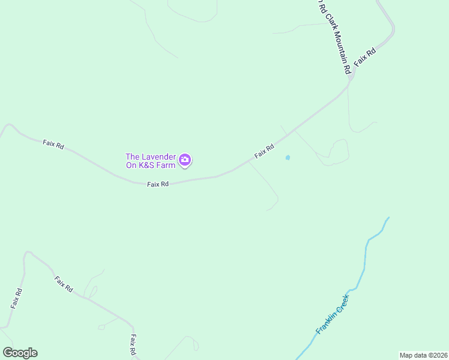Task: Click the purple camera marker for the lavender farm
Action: (x=185, y=160)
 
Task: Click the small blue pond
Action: (x=288, y=158)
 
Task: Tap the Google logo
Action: (x=20, y=353)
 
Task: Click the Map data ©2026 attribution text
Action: (x=423, y=355)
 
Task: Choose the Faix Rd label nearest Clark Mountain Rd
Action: (x=364, y=56)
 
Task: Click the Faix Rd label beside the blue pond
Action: (x=264, y=151)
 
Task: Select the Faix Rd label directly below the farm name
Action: (x=158, y=184)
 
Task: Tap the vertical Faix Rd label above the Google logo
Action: (x=16, y=298)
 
